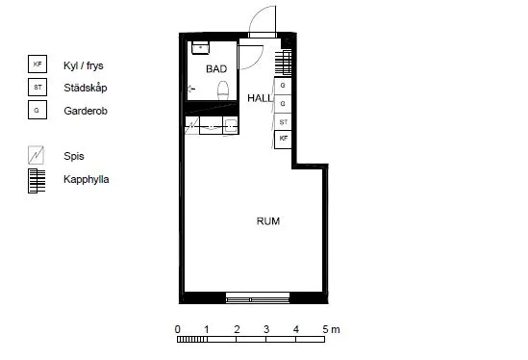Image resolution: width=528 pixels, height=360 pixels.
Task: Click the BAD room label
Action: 216,69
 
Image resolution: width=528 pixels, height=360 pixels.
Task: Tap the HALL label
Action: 260,98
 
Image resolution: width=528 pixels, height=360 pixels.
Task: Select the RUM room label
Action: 268,221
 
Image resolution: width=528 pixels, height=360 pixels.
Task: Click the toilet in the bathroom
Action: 223,90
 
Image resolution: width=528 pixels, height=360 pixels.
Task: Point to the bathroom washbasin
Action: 200,48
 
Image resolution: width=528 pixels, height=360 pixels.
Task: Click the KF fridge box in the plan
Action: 283,140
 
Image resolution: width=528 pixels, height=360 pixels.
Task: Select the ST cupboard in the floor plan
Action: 283,122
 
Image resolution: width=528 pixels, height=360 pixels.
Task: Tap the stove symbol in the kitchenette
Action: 192,125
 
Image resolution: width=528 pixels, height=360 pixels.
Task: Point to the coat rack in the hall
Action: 283,63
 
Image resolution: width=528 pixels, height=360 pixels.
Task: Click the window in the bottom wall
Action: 258,298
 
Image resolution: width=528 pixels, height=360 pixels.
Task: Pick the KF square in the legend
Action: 38,64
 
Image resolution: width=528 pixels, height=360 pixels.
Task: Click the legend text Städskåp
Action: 86,88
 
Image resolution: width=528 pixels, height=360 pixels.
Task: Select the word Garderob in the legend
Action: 86,111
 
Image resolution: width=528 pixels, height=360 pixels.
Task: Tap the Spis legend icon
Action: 36,155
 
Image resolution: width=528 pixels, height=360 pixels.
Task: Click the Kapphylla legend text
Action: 87,179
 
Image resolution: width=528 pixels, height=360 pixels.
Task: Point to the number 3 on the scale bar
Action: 266,329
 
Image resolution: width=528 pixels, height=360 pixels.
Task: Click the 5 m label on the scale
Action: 331,329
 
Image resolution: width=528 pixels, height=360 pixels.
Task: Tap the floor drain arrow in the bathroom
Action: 191,89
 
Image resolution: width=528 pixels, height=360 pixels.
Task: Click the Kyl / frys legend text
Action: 84,65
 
